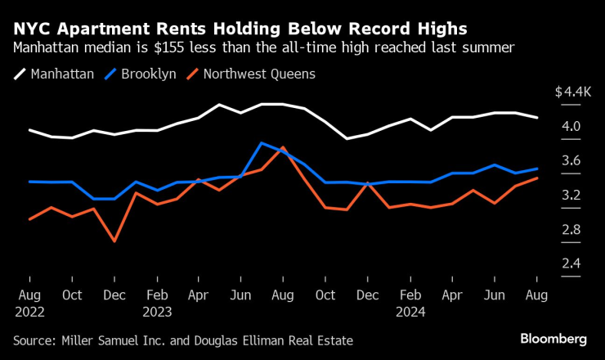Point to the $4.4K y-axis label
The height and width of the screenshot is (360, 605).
click(571, 92)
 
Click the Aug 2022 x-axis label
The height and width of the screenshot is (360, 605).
click(30, 302)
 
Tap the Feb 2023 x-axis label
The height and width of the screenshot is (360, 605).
click(158, 302)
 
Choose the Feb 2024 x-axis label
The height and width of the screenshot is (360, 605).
click(411, 302)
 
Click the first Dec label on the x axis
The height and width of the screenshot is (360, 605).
click(114, 294)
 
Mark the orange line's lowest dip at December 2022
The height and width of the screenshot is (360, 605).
click(114, 241)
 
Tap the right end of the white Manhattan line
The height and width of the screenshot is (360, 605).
click(537, 118)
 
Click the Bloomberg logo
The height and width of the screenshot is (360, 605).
click(554, 339)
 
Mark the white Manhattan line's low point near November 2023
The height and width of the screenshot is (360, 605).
click(347, 139)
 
